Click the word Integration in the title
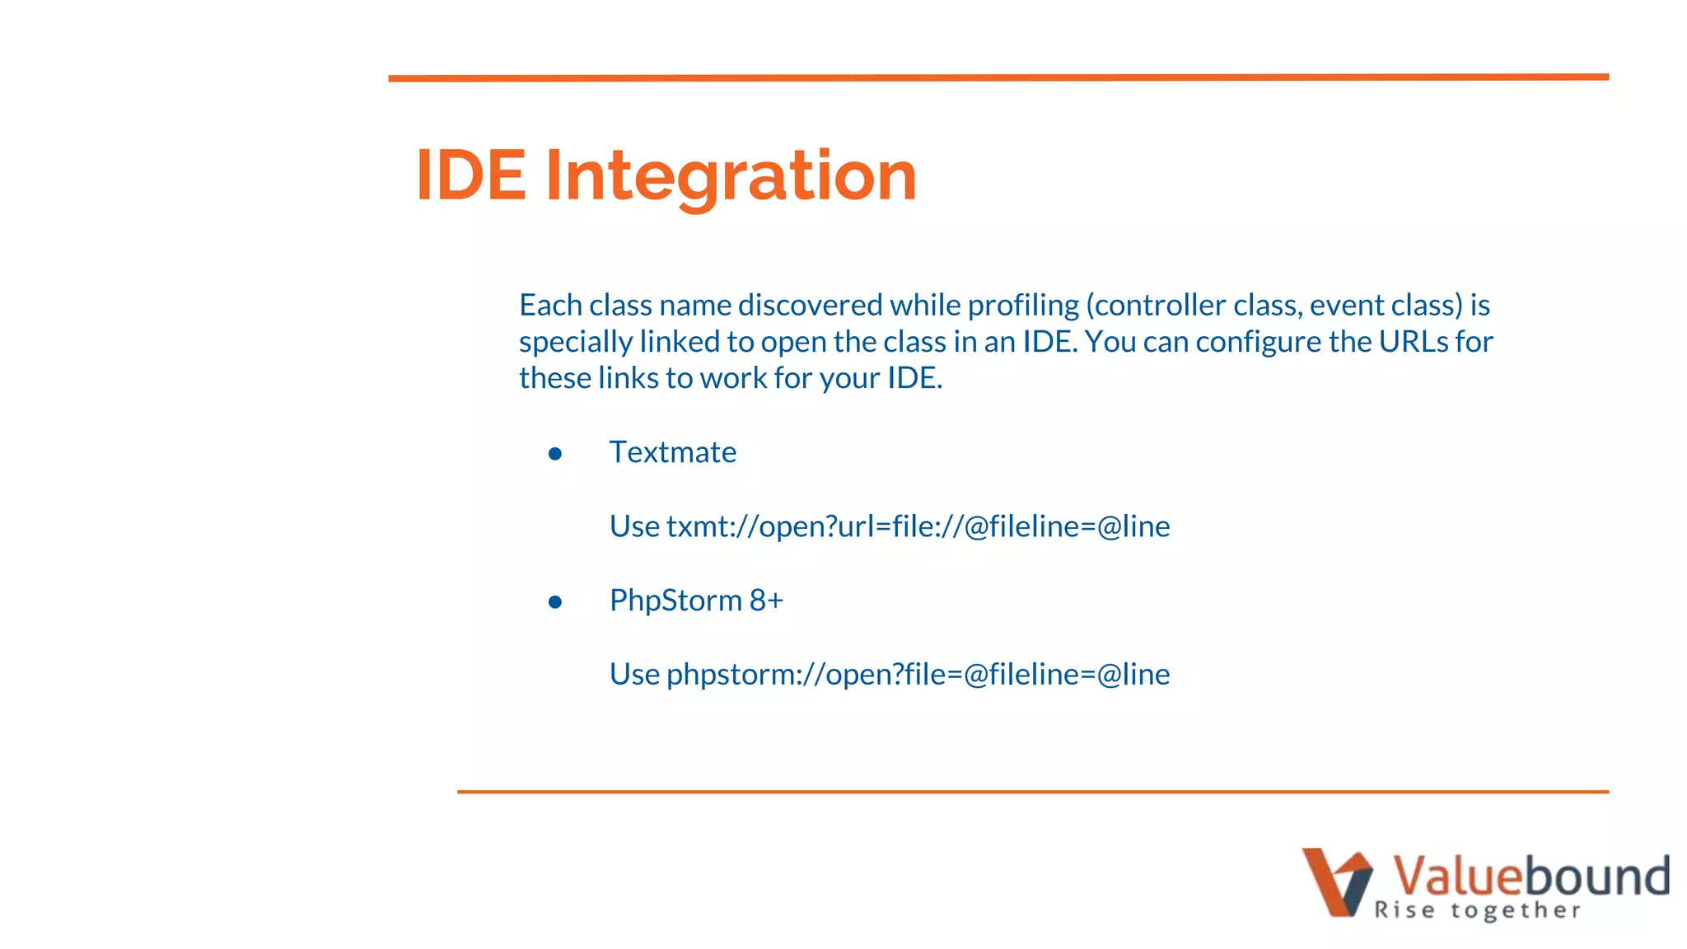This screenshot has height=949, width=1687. pos(731,176)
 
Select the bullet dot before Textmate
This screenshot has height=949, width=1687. pos(555,454)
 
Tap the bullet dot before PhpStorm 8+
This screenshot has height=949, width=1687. pos(555,602)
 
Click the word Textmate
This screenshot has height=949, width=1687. pos(672,452)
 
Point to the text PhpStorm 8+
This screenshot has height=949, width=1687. pos(696,601)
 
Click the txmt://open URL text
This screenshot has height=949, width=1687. pos(918,526)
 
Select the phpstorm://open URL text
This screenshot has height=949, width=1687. pos(918,675)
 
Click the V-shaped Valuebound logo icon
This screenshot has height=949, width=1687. pos(1336,882)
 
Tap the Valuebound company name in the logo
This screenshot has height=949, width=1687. pos(1530,876)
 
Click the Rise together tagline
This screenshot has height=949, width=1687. pos(1477,910)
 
